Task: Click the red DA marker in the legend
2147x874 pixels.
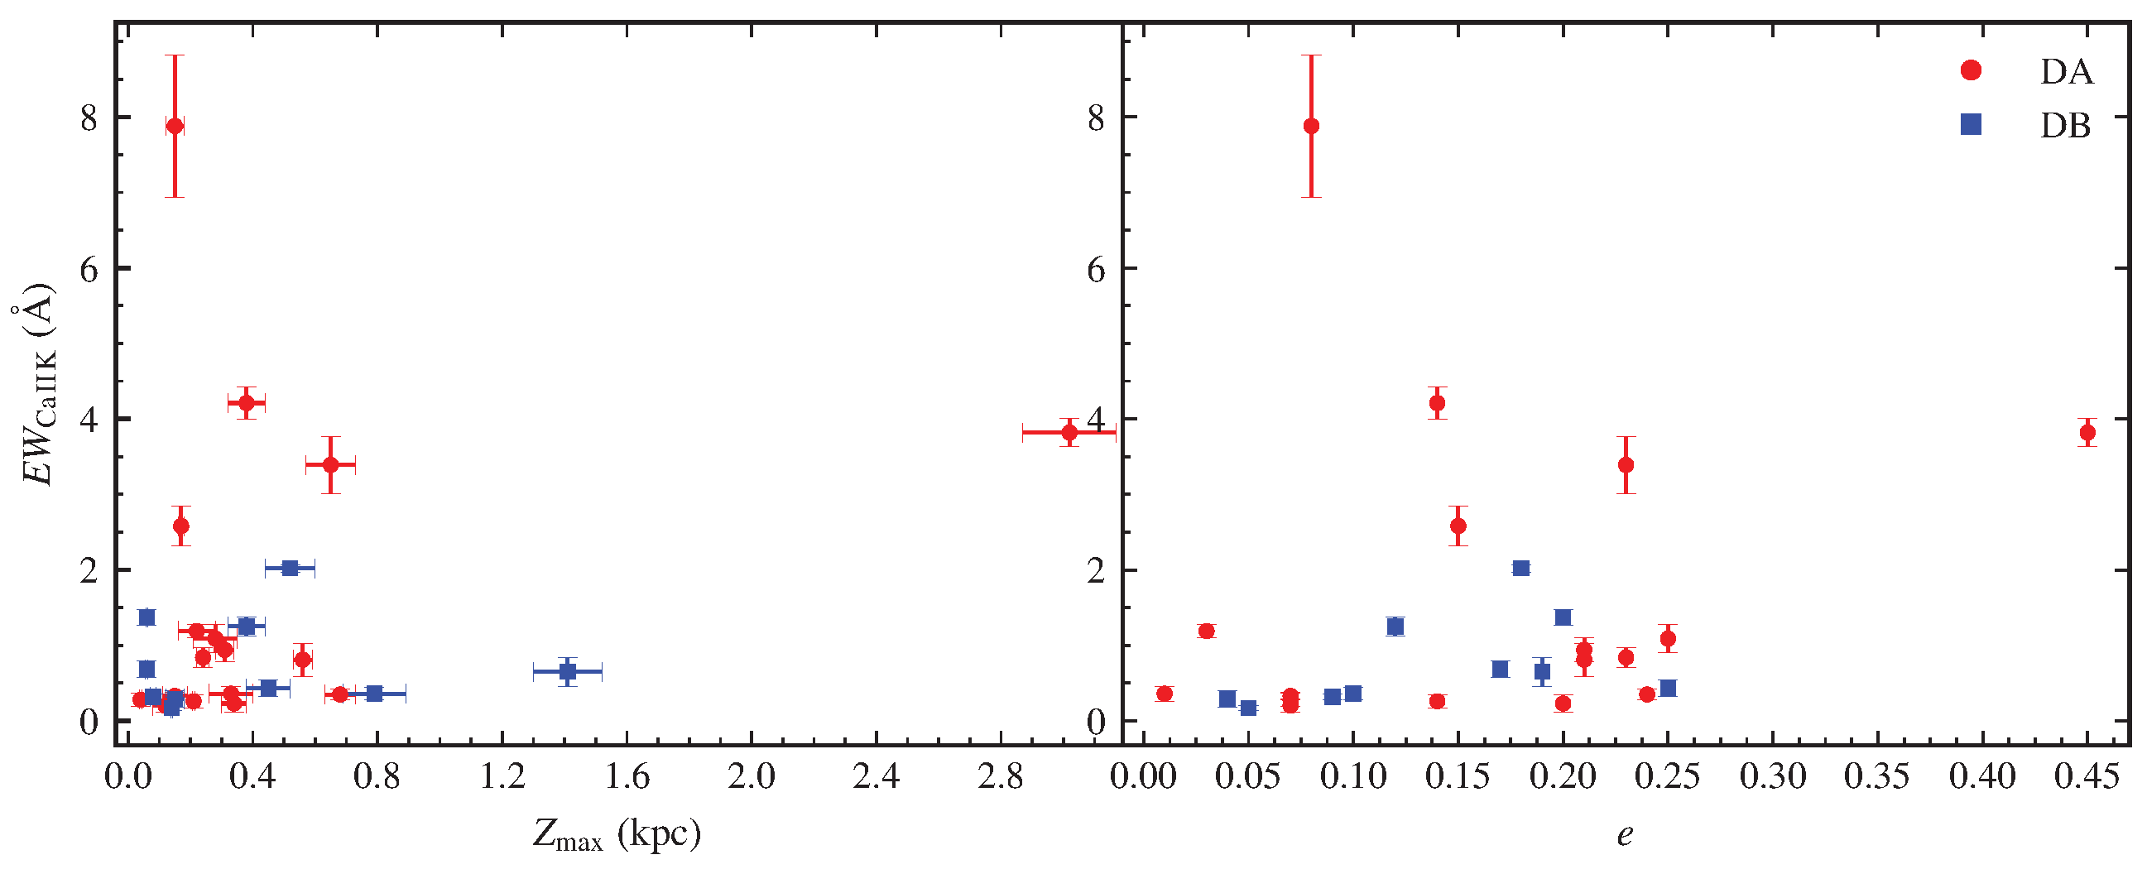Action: (x=1972, y=71)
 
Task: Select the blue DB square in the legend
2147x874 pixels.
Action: (x=1972, y=125)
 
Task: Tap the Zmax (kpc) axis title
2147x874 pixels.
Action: (x=617, y=834)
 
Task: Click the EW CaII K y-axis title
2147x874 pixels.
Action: (x=36, y=395)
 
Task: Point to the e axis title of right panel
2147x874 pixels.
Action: (x=1625, y=834)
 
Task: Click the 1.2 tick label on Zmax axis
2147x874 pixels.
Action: (x=502, y=776)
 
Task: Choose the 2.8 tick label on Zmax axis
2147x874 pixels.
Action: (x=1001, y=776)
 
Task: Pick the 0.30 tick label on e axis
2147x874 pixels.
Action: (x=1773, y=776)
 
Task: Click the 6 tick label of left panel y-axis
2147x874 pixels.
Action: (x=89, y=269)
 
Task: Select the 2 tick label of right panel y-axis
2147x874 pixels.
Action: (x=1096, y=570)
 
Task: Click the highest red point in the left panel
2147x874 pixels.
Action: (x=175, y=126)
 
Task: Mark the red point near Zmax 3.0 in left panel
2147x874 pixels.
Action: (x=1069, y=432)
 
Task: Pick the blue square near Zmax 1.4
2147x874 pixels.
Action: (x=568, y=670)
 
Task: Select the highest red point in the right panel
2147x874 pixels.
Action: (x=1311, y=126)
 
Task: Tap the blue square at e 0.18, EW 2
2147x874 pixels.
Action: (x=1521, y=569)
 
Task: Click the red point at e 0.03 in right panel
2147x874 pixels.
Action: (x=1206, y=631)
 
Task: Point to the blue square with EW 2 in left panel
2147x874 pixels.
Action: (x=290, y=569)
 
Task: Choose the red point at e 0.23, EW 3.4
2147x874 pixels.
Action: (x=1626, y=465)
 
